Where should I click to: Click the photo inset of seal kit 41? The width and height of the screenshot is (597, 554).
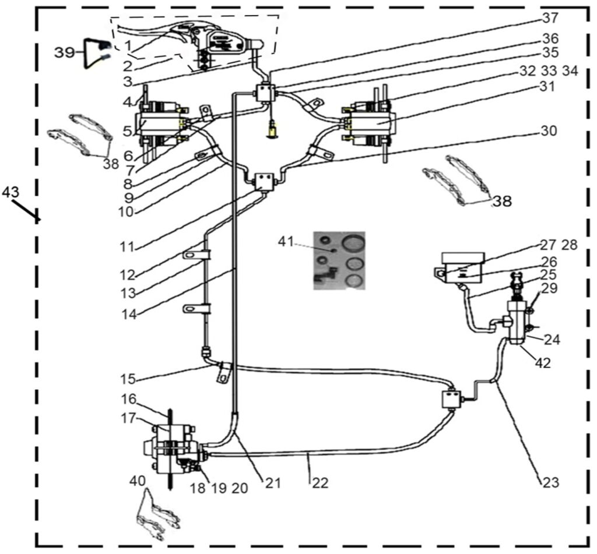point(339,259)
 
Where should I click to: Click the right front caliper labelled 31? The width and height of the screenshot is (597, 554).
point(371,123)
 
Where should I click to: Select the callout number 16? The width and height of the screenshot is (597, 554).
point(129,399)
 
